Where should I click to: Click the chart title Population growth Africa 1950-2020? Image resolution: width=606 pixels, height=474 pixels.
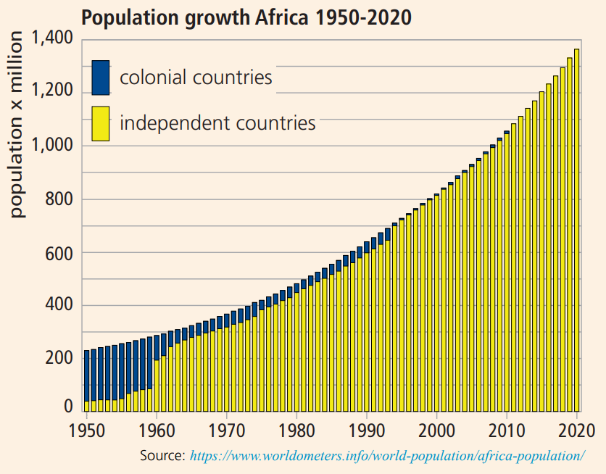pyautogui.click(x=246, y=17)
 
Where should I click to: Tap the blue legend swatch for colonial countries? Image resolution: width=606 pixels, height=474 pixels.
pyautogui.click(x=101, y=78)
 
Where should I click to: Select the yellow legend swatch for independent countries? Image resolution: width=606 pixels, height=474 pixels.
pyautogui.click(x=101, y=124)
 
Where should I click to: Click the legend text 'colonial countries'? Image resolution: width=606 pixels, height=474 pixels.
pyautogui.click(x=196, y=78)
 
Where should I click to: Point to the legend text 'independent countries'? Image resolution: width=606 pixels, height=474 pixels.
pyautogui.click(x=217, y=123)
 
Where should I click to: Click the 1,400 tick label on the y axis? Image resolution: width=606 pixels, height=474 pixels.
pyautogui.click(x=51, y=38)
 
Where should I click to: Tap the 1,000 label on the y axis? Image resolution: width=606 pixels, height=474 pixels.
pyautogui.click(x=51, y=145)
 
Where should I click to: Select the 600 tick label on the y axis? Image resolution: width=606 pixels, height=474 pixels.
pyautogui.click(x=59, y=254)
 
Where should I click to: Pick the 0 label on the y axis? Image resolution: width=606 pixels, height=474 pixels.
pyautogui.click(x=68, y=407)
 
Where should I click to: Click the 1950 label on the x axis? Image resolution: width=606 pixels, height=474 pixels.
pyautogui.click(x=86, y=431)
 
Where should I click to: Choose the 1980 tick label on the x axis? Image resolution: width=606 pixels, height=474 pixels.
pyautogui.click(x=296, y=431)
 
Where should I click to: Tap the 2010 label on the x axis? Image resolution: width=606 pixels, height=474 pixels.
pyautogui.click(x=506, y=431)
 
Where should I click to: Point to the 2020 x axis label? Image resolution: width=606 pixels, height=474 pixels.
pyautogui.click(x=576, y=431)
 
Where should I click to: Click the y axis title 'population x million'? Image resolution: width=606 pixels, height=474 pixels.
pyautogui.click(x=16, y=125)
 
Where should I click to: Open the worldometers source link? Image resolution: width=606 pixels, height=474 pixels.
pyautogui.click(x=387, y=456)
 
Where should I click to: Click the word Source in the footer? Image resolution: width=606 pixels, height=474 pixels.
pyautogui.click(x=162, y=455)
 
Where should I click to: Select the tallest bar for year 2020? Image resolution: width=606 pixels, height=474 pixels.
pyautogui.click(x=576, y=230)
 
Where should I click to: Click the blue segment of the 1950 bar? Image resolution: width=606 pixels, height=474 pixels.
pyautogui.click(x=86, y=376)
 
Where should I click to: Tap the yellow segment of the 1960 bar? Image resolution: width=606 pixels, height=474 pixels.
pyautogui.click(x=157, y=386)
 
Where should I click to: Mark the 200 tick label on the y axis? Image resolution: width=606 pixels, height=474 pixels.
pyautogui.click(x=59, y=358)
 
